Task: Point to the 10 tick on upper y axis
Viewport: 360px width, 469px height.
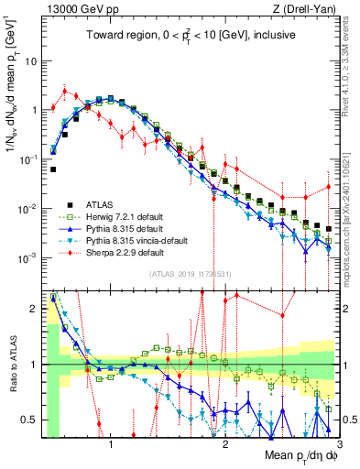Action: [31, 60]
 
